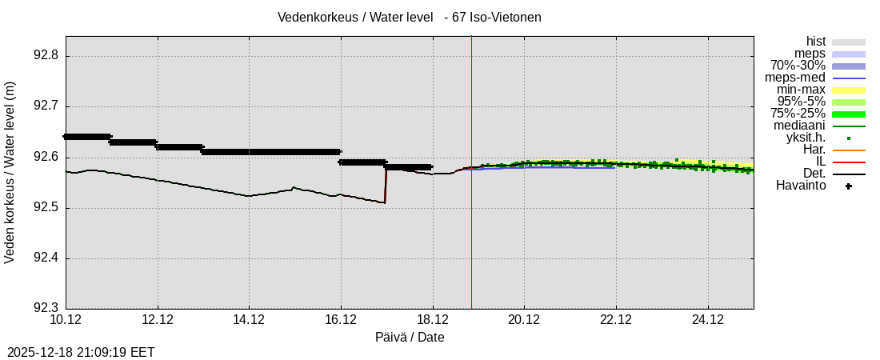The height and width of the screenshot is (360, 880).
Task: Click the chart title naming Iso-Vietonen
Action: pyautogui.click(x=409, y=17)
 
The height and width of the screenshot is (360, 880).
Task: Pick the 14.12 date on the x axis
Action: pyautogui.click(x=249, y=320)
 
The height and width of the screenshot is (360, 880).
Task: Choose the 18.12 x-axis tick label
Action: pyautogui.click(x=432, y=320)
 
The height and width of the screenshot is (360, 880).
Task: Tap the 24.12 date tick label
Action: pyautogui.click(x=707, y=320)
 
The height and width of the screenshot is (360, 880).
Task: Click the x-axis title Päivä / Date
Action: pyautogui.click(x=410, y=338)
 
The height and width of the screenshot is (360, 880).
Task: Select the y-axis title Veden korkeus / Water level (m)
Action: pyautogui.click(x=10, y=172)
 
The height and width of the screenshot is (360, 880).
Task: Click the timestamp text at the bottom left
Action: pyautogui.click(x=81, y=352)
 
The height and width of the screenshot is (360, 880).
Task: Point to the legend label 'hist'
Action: pyautogui.click(x=815, y=42)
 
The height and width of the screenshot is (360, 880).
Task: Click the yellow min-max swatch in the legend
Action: pyautogui.click(x=848, y=90)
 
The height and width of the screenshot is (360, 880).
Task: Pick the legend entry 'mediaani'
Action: pyautogui.click(x=799, y=126)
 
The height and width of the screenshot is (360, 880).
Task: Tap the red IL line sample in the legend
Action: pyautogui.click(x=848, y=162)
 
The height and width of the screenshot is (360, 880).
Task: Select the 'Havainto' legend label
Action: pyautogui.click(x=800, y=186)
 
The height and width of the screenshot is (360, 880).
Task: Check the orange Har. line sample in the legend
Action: pyautogui.click(x=848, y=150)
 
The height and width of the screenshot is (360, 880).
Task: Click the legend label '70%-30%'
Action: pyautogui.click(x=798, y=66)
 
